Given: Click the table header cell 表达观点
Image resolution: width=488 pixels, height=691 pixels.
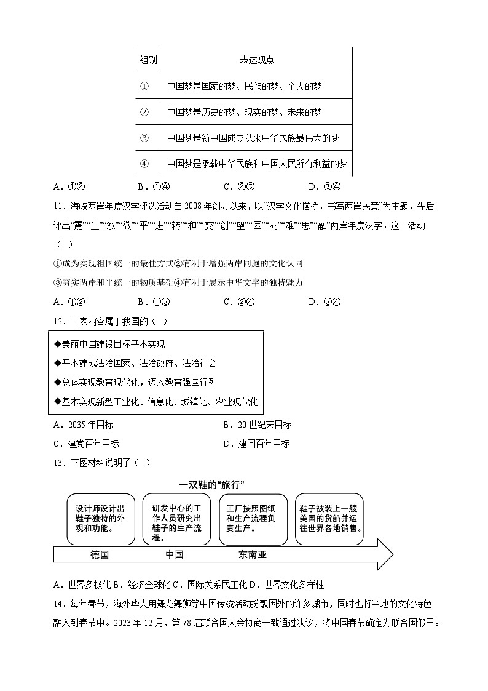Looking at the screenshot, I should (257, 60).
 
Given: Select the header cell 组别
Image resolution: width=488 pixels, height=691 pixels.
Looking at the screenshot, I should (148, 60).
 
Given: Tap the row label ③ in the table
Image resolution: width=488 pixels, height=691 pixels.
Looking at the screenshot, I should (145, 138).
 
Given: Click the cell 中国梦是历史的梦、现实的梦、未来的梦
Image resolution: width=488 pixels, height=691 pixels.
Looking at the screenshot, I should (244, 113).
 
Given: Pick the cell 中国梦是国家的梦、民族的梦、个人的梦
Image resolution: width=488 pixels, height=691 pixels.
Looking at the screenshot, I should (244, 87).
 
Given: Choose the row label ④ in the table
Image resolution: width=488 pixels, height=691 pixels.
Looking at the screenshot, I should (145, 164).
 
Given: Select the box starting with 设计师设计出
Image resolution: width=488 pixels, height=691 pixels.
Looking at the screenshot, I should (100, 518).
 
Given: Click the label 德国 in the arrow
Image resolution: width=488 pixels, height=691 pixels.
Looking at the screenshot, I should (100, 554).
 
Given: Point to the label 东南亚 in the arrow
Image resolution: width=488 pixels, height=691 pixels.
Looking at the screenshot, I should (253, 554).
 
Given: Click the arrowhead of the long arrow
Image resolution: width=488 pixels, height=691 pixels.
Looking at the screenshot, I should (385, 554).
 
